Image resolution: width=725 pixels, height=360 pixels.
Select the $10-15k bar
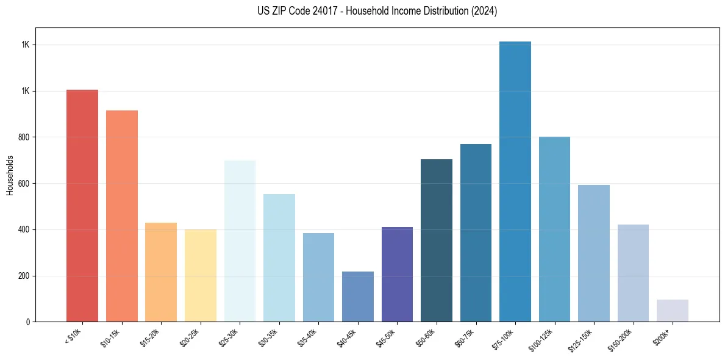121,216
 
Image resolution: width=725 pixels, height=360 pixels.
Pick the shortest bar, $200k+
673,311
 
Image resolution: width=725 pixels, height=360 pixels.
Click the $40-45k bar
358,297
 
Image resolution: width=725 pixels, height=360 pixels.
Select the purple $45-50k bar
397,274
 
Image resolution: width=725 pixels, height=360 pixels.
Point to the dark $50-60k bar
437,240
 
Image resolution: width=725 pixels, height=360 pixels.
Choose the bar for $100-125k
554,229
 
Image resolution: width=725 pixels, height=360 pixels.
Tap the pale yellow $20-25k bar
201,275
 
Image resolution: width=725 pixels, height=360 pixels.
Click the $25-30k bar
240,241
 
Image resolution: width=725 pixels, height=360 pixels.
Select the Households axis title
10,175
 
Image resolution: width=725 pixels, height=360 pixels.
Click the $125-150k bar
594,253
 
